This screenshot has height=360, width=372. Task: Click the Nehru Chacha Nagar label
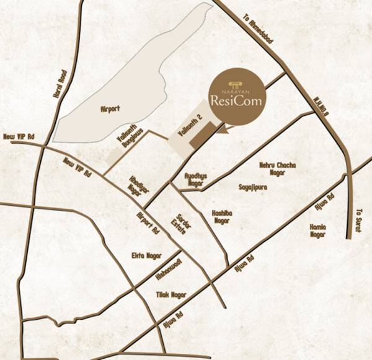pos(277,169)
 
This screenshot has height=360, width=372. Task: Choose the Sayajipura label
pos(252,186)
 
